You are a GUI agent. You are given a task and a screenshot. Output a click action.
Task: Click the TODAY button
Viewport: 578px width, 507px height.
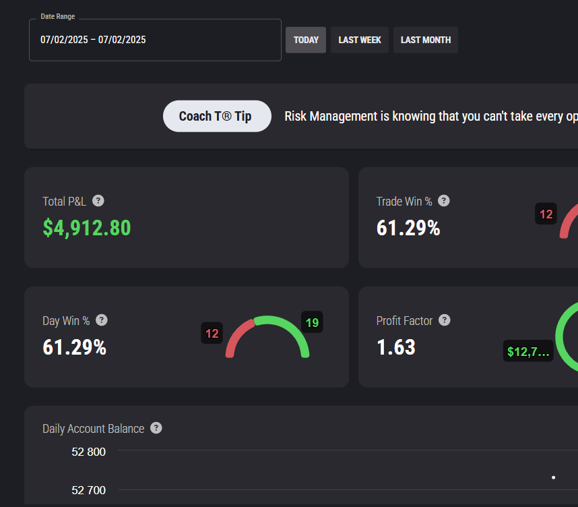(306, 40)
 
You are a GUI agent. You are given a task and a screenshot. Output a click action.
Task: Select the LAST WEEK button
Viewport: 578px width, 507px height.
(360, 40)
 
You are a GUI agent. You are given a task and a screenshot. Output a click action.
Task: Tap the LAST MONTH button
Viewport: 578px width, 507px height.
(425, 40)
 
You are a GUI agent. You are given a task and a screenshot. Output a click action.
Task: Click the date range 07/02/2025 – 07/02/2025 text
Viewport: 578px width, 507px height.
(93, 40)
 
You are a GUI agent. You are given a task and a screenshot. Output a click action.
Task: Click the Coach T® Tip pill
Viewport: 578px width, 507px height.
(217, 116)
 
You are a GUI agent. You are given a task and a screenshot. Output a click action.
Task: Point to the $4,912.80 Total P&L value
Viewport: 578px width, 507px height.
(87, 228)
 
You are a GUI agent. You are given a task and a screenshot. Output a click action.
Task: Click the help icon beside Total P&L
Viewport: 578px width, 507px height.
(98, 201)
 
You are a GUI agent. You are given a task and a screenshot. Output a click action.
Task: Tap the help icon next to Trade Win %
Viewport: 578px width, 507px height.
(444, 201)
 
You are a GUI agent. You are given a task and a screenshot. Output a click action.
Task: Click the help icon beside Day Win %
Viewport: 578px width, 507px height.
(101, 320)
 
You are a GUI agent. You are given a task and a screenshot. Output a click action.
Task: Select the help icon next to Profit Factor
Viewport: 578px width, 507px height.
(444, 320)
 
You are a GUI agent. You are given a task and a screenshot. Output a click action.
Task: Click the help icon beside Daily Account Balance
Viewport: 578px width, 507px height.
(156, 428)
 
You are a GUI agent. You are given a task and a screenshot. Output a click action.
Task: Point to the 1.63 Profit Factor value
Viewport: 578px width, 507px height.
(396, 347)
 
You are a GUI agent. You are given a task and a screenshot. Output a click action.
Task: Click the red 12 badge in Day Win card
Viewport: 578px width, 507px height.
(212, 333)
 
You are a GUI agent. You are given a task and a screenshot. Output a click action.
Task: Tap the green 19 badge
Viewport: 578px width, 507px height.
(312, 322)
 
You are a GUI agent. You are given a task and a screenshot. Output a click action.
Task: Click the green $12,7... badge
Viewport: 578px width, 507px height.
(528, 351)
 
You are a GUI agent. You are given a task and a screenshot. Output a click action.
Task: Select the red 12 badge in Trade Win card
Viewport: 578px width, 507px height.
(546, 214)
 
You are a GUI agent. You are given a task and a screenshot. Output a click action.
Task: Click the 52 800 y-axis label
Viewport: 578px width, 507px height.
(88, 452)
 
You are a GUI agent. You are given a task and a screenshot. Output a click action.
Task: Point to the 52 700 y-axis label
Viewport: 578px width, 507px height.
(88, 490)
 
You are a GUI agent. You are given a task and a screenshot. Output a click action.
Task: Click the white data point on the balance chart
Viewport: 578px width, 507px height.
(553, 477)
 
